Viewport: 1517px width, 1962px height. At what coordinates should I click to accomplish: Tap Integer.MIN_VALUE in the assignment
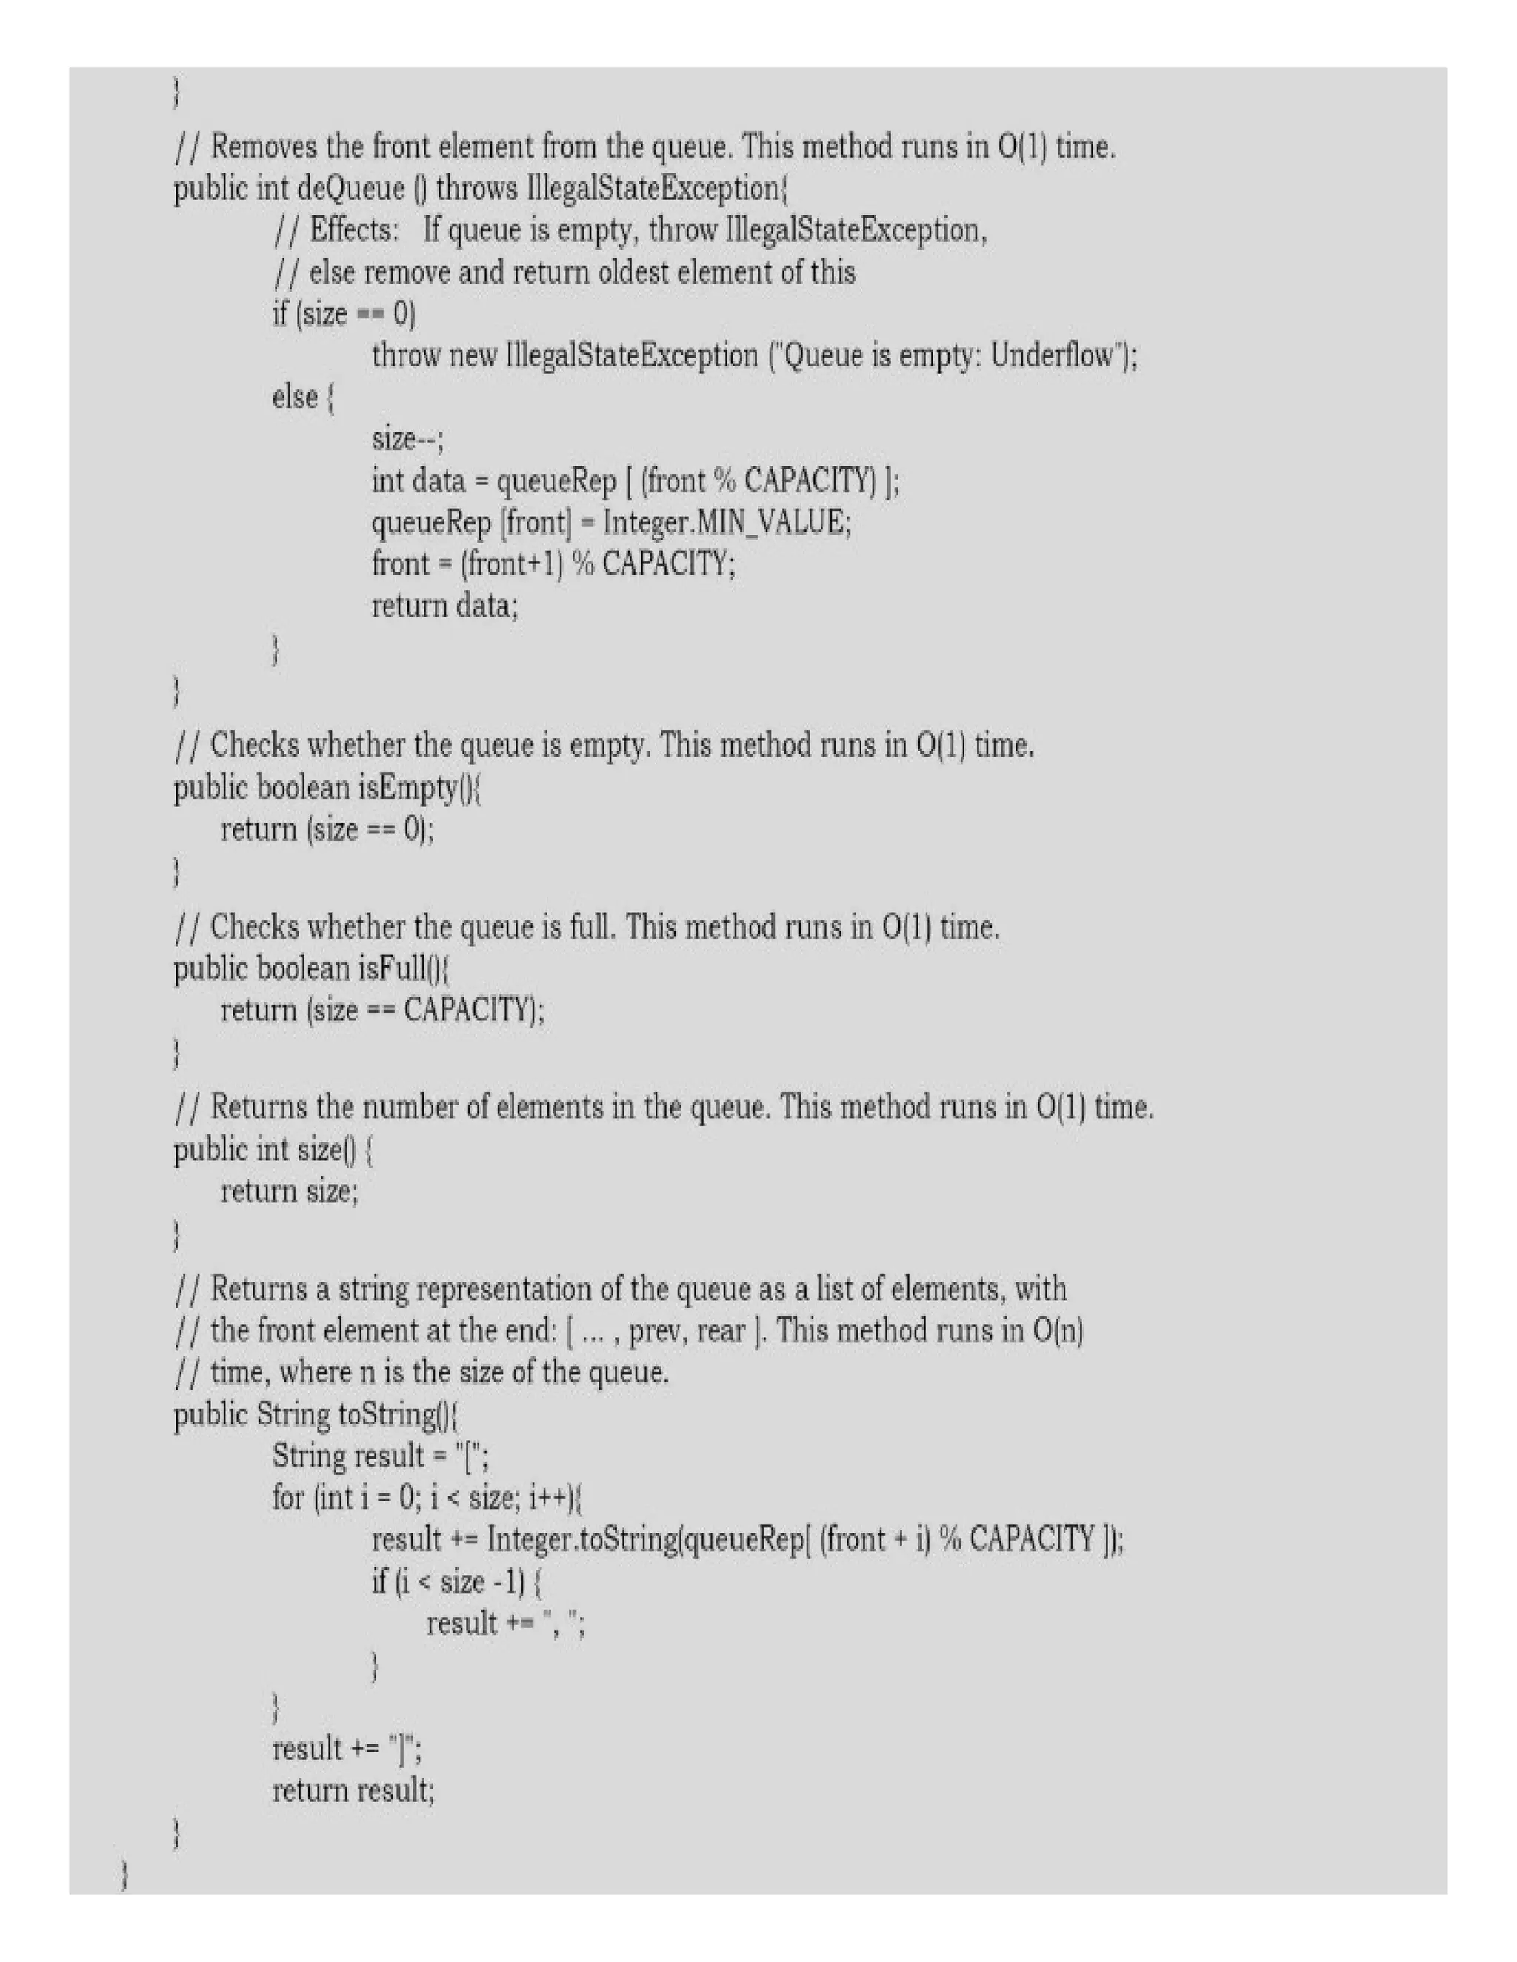point(726,522)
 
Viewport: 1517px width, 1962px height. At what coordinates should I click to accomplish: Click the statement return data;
point(445,606)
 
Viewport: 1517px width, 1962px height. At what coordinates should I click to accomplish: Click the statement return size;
point(290,1192)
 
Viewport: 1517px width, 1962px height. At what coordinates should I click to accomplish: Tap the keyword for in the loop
point(287,1498)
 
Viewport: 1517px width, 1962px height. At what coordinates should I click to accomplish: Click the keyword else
point(295,397)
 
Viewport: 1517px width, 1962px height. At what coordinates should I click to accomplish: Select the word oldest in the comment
point(633,272)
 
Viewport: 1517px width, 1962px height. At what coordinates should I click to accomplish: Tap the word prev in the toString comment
point(657,1330)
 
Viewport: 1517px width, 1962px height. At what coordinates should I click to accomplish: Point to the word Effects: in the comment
point(353,231)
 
